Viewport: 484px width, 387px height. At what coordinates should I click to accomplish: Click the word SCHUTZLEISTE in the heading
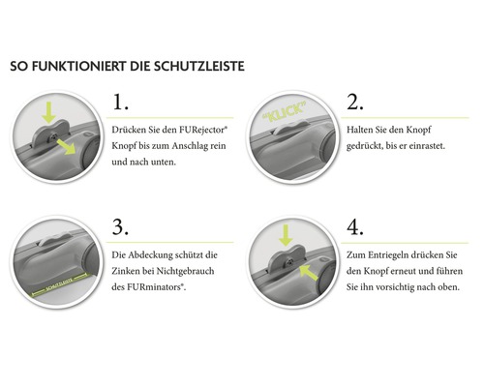[197, 68]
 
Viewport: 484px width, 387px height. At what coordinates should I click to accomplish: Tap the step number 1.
[120, 103]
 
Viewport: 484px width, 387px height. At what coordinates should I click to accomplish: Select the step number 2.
[355, 103]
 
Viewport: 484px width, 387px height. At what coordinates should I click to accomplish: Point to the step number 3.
[120, 226]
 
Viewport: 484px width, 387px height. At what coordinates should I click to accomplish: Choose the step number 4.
[355, 226]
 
